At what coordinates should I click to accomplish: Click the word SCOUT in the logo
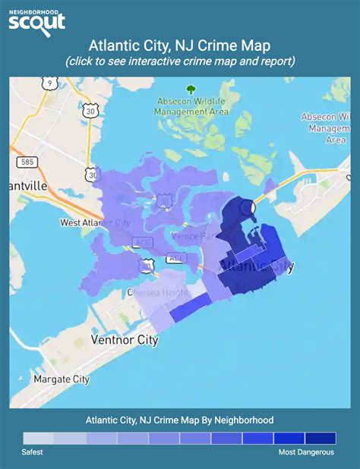click(x=37, y=23)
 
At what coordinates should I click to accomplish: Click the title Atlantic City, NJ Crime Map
click(x=180, y=46)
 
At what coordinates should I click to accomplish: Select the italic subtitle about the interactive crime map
click(x=180, y=61)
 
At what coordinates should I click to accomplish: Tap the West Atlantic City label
click(x=94, y=222)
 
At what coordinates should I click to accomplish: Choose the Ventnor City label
click(x=125, y=340)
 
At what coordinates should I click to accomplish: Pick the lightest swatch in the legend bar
click(x=39, y=438)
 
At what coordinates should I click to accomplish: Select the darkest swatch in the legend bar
click(x=320, y=438)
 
